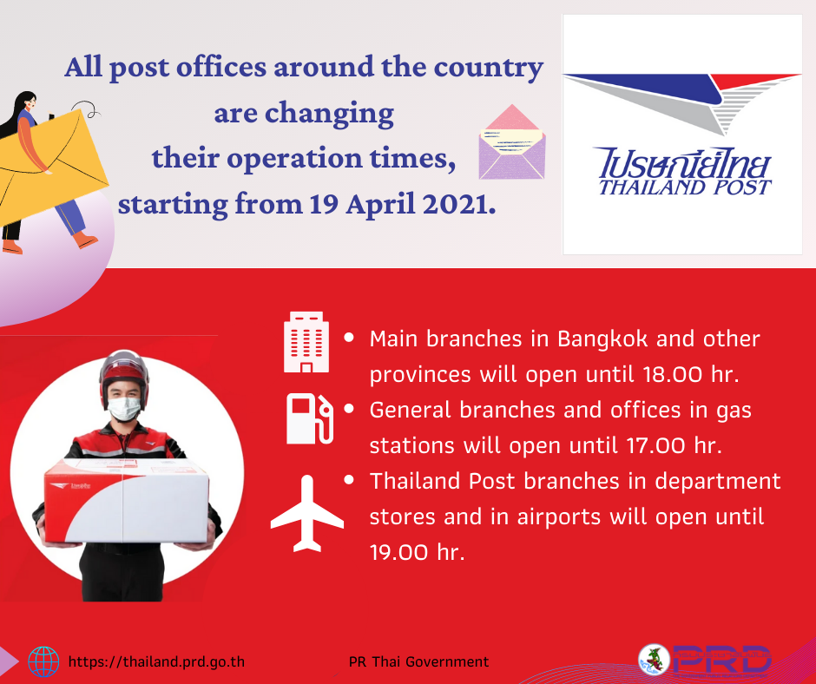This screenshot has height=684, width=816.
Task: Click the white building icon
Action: click(306, 342)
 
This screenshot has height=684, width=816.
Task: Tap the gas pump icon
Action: click(310, 418)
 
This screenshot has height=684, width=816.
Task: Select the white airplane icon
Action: click(307, 513)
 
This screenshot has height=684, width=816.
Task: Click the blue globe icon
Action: click(43, 661)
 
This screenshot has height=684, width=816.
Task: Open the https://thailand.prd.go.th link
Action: click(156, 661)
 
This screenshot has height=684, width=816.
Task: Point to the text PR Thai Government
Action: click(418, 661)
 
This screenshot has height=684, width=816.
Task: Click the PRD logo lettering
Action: click(721, 660)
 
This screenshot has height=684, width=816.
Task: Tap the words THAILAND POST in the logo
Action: click(685, 187)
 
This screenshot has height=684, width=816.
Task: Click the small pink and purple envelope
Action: click(512, 141)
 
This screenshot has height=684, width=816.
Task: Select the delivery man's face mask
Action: click(124, 409)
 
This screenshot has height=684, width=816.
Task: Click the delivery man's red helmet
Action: click(124, 373)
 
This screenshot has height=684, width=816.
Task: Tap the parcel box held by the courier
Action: click(127, 500)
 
